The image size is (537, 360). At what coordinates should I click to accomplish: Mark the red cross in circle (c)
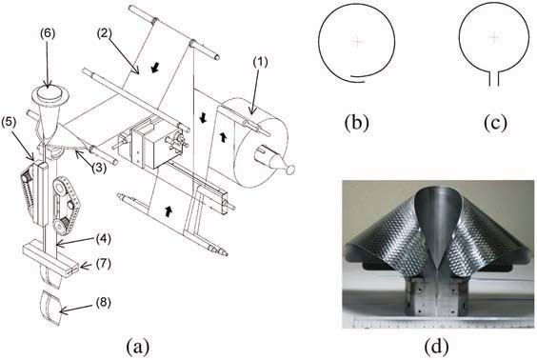click(492, 37)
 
